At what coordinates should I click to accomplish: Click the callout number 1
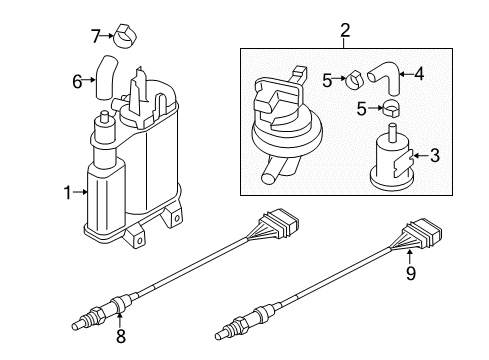coord(68,193)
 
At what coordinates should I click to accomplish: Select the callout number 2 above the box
coord(345,30)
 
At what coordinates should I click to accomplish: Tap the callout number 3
coord(435,155)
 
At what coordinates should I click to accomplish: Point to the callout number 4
coord(419,74)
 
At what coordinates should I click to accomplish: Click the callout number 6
coord(77,81)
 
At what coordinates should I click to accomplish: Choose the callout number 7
coord(96,36)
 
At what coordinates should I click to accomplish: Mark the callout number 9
coord(411,273)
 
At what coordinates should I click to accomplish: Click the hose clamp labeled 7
coord(126,36)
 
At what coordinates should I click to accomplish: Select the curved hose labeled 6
coord(105,78)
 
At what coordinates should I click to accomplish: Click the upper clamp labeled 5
coord(354,80)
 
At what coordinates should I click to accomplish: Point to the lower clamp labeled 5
coord(392,108)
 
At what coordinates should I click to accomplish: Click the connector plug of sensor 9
coord(423,235)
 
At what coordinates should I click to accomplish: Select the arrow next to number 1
coord(80,192)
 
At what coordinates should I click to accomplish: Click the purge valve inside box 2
coord(286,127)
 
